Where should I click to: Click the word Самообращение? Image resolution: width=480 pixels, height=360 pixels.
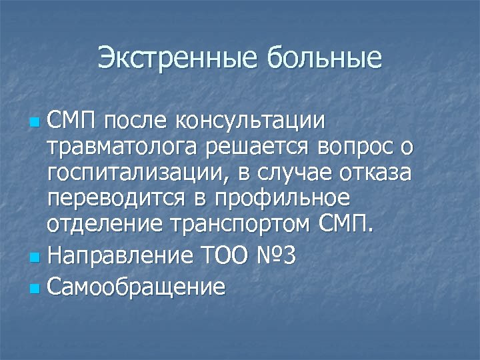coord(136,287)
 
